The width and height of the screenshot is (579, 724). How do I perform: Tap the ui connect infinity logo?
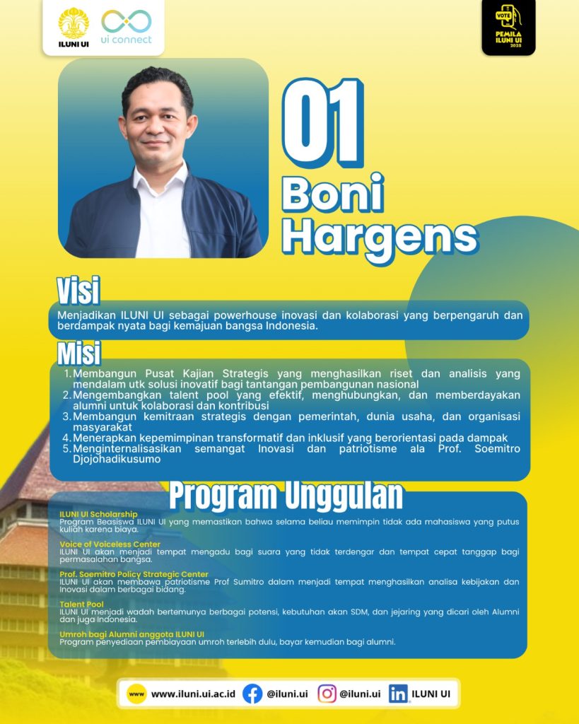(127, 22)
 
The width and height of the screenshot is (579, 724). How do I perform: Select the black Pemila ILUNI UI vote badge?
(508, 27)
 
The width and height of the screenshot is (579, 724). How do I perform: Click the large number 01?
(323, 123)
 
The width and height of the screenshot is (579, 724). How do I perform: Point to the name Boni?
(333, 193)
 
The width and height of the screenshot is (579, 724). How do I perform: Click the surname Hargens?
(380, 238)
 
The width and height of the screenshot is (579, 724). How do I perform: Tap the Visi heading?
(78, 291)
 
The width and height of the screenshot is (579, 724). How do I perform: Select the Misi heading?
(79, 354)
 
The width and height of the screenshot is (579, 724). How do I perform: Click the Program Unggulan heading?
(286, 496)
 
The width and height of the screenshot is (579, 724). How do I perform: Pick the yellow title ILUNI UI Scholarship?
(98, 514)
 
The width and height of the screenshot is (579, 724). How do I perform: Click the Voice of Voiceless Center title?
(110, 544)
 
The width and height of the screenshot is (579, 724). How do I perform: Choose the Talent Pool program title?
(81, 604)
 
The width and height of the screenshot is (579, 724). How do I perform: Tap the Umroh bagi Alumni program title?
(131, 634)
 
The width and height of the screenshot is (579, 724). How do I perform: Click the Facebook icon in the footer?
(252, 694)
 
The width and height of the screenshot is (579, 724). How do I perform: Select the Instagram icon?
(327, 694)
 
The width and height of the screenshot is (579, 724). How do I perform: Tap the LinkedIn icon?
(398, 694)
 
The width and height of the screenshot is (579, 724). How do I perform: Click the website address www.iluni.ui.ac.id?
(193, 694)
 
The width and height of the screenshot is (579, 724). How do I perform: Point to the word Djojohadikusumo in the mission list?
(117, 459)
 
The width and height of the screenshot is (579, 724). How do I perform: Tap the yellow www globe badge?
(136, 694)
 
